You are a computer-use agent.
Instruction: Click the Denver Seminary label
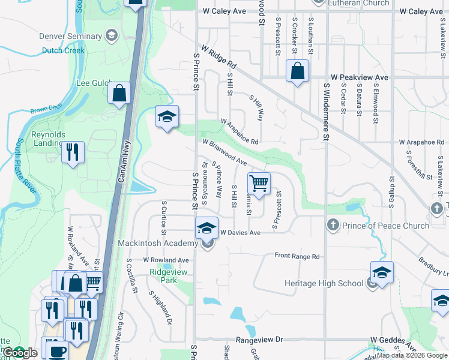tap(70, 36)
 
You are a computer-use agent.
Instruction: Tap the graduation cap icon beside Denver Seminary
tap(111, 36)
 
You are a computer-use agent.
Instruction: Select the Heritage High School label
tap(324, 283)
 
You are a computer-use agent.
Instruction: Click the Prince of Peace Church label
tap(385, 226)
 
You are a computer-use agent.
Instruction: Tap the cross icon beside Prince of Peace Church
tap(333, 226)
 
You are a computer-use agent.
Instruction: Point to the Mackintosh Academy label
tap(158, 243)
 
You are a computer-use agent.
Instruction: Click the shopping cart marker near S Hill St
tap(259, 183)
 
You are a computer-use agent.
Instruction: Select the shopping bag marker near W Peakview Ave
tap(297, 71)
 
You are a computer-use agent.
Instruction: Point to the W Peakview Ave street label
tap(360, 78)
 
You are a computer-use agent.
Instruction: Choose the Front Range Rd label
tap(297, 256)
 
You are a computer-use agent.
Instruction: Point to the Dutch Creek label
tap(62, 50)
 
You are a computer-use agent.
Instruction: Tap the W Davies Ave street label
tap(240, 232)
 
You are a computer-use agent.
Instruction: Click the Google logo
tap(20, 353)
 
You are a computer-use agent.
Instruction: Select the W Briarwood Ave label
tap(224, 154)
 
